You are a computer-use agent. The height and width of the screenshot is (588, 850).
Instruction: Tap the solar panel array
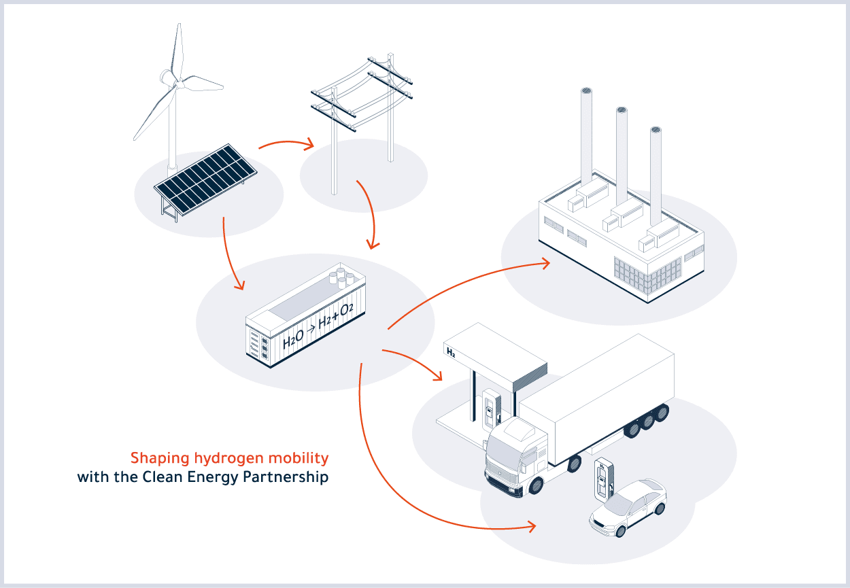205,179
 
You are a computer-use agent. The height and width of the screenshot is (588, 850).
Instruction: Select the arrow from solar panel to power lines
287,144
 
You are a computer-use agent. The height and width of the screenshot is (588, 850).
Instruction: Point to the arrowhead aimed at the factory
545,263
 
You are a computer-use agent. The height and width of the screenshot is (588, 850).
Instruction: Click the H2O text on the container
293,339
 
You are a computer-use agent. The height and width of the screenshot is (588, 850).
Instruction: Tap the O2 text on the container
346,310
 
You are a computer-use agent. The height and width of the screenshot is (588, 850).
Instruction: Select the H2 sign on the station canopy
451,352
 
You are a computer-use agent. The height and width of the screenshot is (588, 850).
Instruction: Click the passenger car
628,508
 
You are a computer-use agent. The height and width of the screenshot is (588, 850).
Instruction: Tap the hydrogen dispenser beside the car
603,479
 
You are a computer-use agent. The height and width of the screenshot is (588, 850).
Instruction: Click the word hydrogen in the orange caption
228,459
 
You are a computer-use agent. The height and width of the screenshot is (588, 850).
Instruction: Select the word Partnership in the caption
286,477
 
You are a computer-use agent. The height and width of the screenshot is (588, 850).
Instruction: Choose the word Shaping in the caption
160,459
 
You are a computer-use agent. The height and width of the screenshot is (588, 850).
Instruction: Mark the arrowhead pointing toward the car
531,527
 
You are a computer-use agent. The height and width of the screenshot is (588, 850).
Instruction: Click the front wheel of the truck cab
536,486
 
